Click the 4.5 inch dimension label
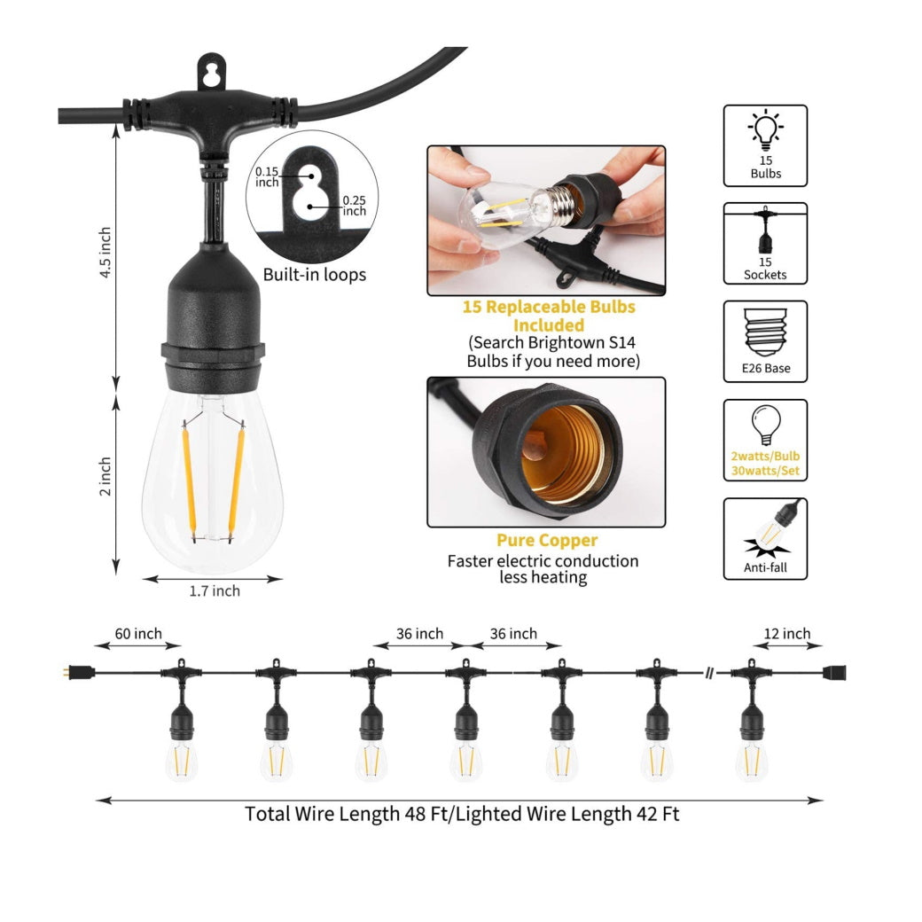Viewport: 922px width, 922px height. (105, 253)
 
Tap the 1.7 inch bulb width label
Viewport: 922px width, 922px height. (215, 591)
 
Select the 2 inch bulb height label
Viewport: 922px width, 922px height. (105, 476)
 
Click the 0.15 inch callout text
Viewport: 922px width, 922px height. (266, 176)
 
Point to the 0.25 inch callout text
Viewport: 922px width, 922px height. (354, 205)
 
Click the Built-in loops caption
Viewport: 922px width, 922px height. (315, 275)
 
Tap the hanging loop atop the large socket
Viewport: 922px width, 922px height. (211, 73)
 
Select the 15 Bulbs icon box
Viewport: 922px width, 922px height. (765, 145)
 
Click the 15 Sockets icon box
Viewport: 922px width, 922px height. (765, 244)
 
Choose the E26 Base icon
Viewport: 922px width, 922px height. (765, 341)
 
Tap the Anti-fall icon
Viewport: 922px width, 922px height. (765, 539)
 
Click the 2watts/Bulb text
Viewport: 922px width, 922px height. (765, 457)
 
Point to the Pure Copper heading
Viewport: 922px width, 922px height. (547, 541)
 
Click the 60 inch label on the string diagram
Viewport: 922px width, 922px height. (138, 633)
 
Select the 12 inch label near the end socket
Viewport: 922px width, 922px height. (786, 633)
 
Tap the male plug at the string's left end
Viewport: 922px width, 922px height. (79, 672)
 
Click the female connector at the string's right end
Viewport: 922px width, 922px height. (834, 673)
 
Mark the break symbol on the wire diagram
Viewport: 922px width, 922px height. (710, 673)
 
